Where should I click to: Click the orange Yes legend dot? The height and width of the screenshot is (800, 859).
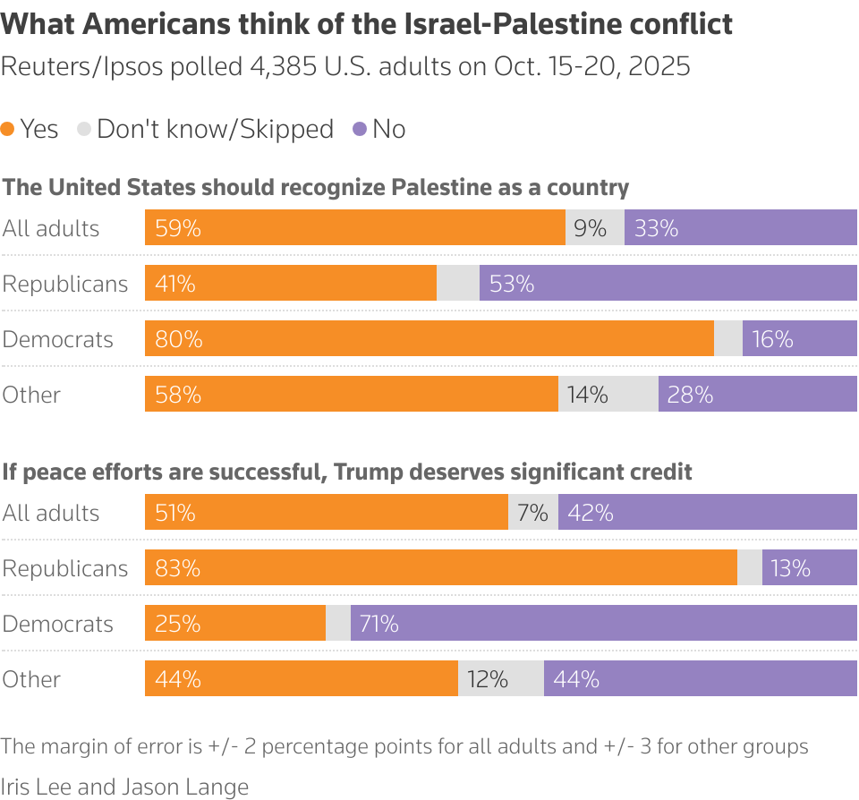[8, 130]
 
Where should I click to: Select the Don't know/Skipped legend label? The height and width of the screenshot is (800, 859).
[215, 130]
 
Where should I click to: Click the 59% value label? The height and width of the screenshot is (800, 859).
[177, 228]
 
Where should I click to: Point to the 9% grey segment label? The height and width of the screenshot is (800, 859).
[591, 228]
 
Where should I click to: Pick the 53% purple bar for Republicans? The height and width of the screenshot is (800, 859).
[668, 284]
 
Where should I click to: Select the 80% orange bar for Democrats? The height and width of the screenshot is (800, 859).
[429, 339]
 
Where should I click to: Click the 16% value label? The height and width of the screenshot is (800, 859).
[772, 339]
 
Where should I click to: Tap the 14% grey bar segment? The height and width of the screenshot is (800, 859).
[608, 395]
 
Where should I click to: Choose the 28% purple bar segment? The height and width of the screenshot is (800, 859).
[757, 395]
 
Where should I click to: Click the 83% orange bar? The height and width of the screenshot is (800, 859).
[440, 568]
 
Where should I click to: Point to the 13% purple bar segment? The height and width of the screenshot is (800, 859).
[809, 568]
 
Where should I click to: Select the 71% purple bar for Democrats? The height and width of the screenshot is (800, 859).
[603, 624]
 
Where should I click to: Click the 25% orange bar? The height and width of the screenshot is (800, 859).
[235, 624]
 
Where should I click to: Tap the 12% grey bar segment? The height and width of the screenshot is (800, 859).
[500, 679]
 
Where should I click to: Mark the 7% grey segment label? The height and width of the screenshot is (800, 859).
[532, 513]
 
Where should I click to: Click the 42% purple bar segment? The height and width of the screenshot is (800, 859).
[707, 513]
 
